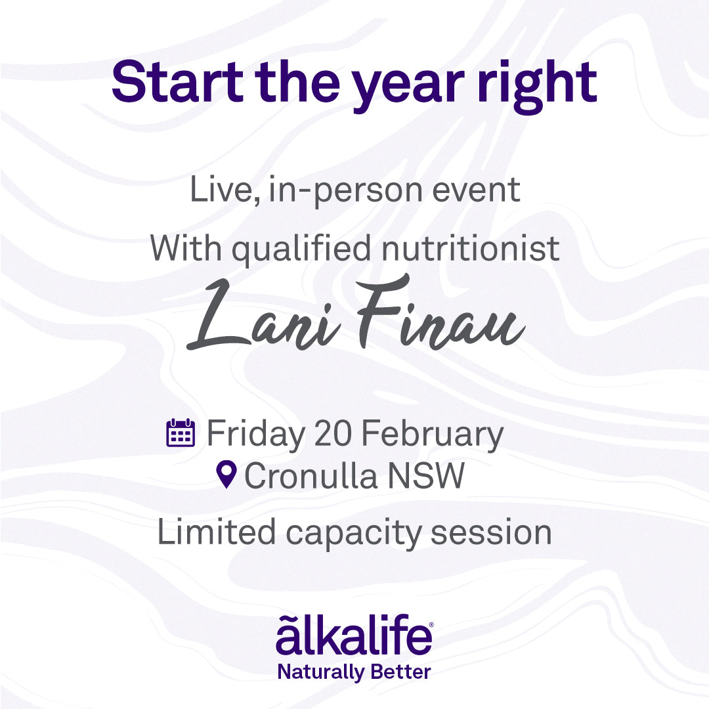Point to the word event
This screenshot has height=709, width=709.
[x=476, y=190]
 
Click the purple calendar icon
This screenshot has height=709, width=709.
[x=181, y=433]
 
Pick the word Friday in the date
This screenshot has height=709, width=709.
[x=256, y=435]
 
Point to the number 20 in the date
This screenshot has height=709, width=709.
[x=333, y=433]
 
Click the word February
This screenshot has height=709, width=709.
[x=432, y=435]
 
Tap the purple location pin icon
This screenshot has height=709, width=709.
[x=226, y=475]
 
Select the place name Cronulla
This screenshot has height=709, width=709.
[x=311, y=475]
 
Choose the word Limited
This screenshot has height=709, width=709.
[x=217, y=532]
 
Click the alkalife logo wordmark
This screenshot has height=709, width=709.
[x=354, y=634]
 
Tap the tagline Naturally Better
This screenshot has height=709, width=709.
[x=354, y=672]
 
